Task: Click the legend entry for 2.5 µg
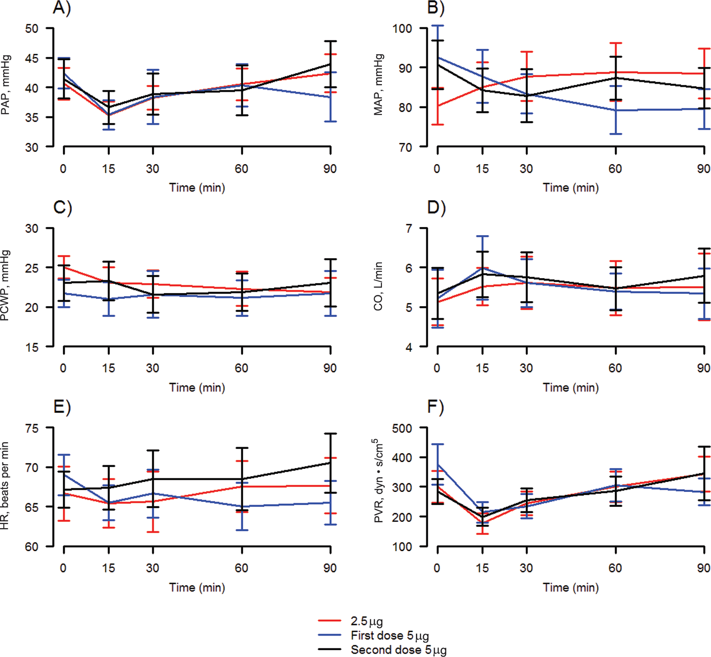pos(351,621)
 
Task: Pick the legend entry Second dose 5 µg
pos(382,650)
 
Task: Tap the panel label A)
pos(62,8)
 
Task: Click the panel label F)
pos(436,407)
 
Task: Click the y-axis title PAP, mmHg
pos(5,85)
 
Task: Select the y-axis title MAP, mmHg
pos(378,85)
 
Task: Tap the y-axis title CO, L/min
pos(378,287)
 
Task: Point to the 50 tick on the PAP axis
pos(32,28)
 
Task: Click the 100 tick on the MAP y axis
pos(402,28)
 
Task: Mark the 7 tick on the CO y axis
pos(409,228)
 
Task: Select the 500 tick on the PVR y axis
pos(402,428)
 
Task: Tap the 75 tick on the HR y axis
pos(32,428)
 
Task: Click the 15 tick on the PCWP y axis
pos(32,347)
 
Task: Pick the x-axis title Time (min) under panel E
pos(197,587)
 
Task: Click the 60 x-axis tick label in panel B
pos(615,169)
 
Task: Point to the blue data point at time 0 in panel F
pos(438,464)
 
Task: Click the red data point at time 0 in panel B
pos(438,106)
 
